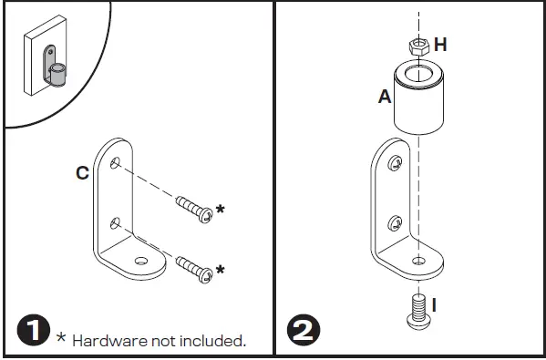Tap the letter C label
[x=82, y=172]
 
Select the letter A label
[x=384, y=96]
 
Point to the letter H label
[x=441, y=45]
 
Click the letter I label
[x=435, y=304]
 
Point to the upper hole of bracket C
[x=116, y=162]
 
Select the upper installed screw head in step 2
[x=394, y=164]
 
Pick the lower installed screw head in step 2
[x=394, y=221]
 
